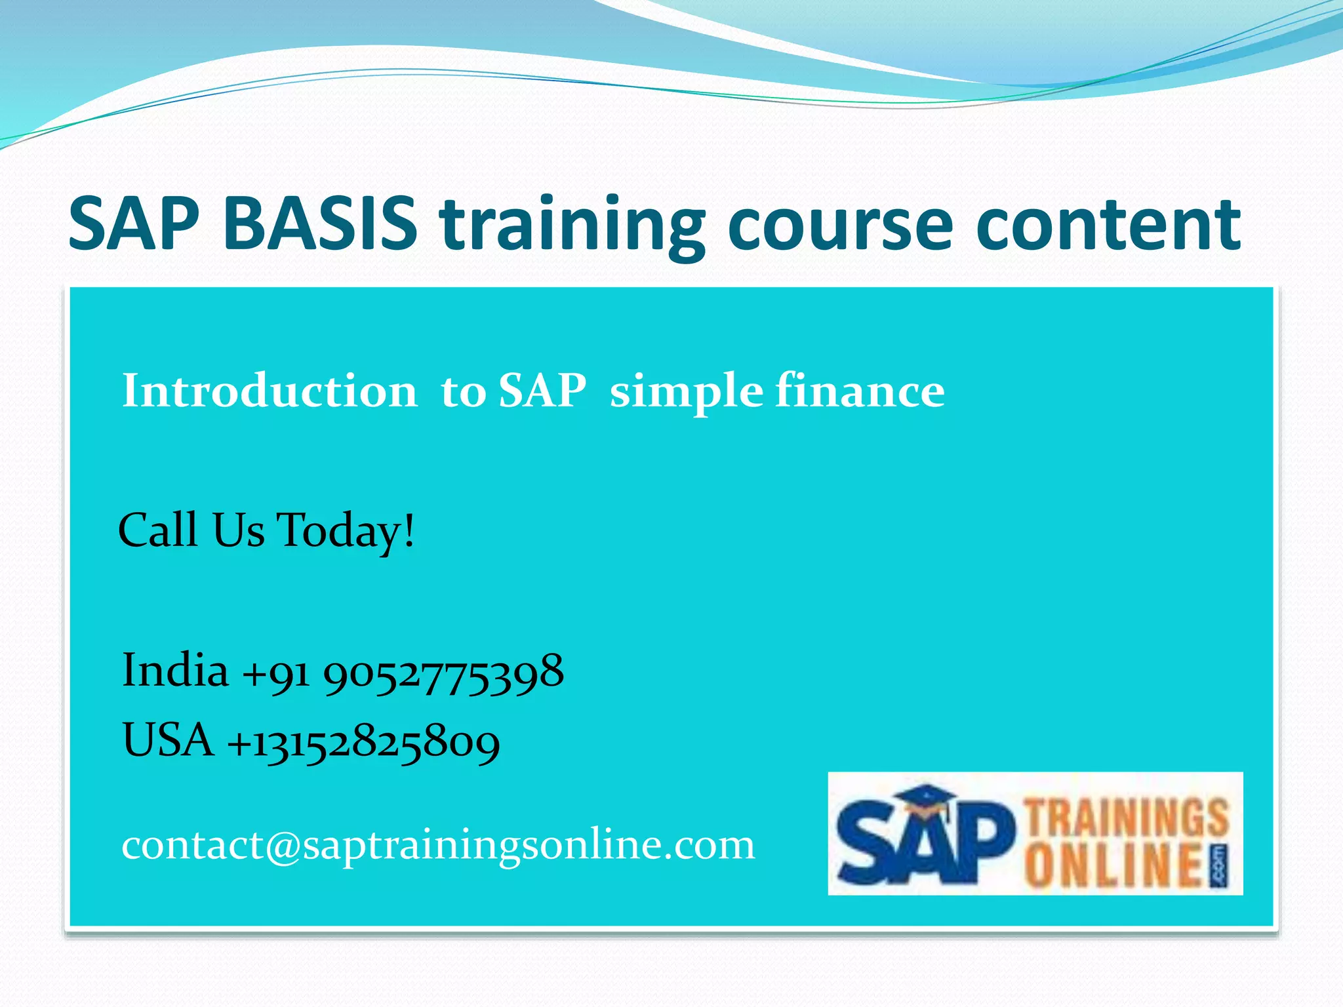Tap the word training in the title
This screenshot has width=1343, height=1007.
[x=572, y=226]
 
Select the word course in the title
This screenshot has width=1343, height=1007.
[x=840, y=226]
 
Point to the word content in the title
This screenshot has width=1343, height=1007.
[x=1108, y=224]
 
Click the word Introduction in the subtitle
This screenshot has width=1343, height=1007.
[x=270, y=391]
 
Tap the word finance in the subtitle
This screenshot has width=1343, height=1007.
[x=860, y=391]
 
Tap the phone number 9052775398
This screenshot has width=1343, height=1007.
[x=443, y=673]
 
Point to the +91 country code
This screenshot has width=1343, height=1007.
[x=275, y=675]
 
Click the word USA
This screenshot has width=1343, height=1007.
[x=168, y=740]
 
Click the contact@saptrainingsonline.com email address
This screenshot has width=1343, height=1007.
[x=438, y=845]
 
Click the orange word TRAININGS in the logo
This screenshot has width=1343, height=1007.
[x=1127, y=817]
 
